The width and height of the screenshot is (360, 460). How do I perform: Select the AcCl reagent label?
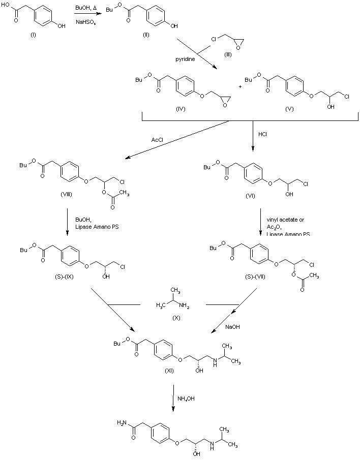click(x=157, y=139)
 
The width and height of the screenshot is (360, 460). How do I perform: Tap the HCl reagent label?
click(x=263, y=135)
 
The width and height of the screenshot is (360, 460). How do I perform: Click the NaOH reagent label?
click(x=232, y=327)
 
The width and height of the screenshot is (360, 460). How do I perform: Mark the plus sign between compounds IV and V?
click(x=240, y=85)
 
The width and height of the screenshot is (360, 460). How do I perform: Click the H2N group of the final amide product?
click(x=122, y=422)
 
